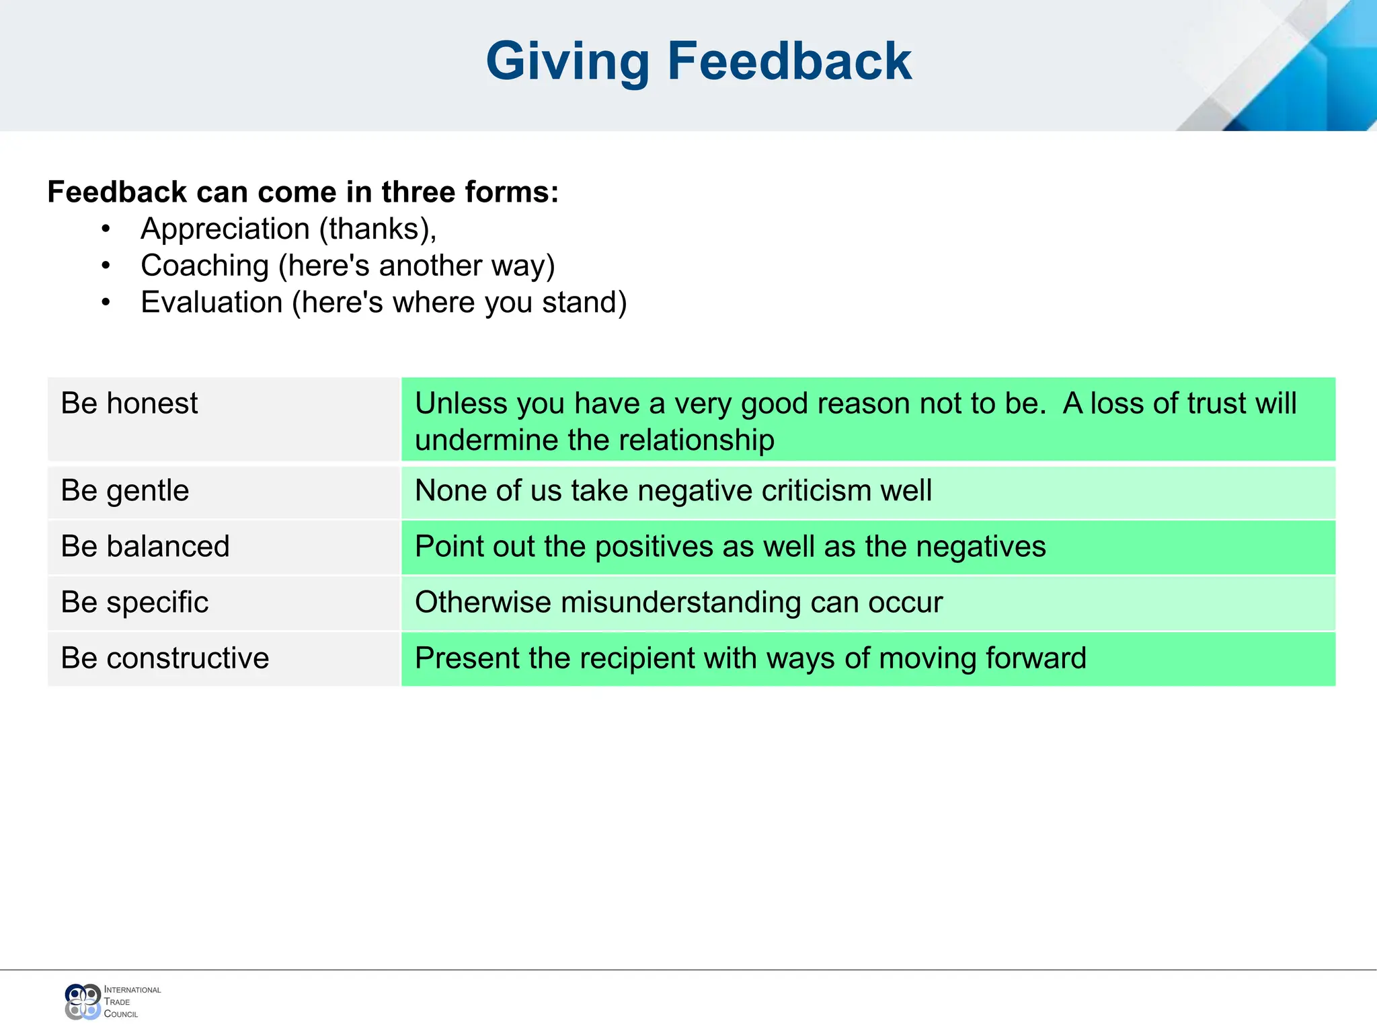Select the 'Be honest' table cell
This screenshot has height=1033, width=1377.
tap(129, 404)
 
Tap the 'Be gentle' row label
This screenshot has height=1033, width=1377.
tap(124, 490)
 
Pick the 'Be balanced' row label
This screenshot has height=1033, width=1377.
tap(145, 546)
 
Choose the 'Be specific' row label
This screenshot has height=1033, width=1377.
tap(134, 602)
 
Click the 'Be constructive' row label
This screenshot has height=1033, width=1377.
tap(165, 658)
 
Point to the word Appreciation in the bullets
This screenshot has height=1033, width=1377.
tap(224, 229)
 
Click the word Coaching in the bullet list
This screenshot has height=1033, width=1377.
tap(204, 266)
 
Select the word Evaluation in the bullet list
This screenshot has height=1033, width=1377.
tap(212, 303)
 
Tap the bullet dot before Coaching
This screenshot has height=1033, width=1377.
tap(106, 266)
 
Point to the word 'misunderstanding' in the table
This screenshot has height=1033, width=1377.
tap(680, 602)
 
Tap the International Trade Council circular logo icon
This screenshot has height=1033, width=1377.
tap(83, 1001)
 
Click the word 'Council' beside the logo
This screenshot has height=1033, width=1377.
tap(121, 1014)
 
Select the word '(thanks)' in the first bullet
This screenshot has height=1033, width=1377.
tap(377, 229)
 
